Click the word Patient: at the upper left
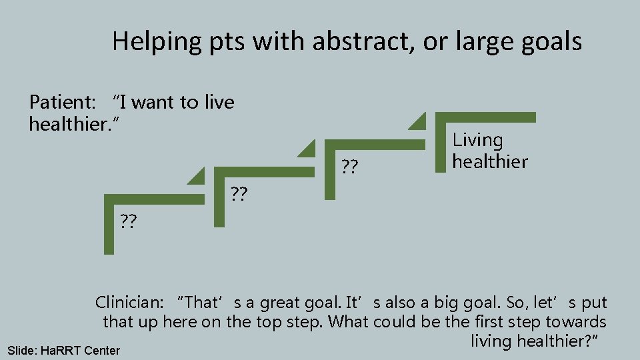coord(63,102)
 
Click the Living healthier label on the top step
coord(490,151)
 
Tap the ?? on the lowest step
coord(129,221)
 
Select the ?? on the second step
coord(239,194)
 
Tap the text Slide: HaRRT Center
coord(63,350)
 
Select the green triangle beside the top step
coord(418,121)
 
